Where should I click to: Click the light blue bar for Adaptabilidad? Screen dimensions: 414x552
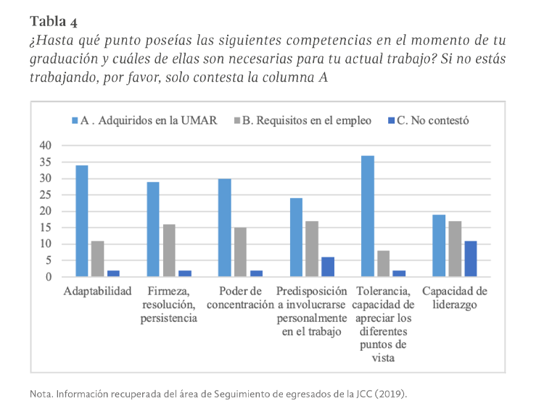coord(82,221)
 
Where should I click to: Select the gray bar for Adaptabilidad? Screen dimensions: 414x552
coord(97,259)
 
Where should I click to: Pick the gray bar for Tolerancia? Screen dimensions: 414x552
coord(383,264)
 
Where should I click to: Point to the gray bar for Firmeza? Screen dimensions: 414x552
coord(168,251)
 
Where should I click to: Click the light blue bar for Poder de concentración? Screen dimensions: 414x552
coord(225,228)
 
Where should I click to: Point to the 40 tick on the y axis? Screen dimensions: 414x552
coord(46,146)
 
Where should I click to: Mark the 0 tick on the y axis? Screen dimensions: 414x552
coord(49,277)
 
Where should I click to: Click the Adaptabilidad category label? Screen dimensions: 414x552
coord(96,291)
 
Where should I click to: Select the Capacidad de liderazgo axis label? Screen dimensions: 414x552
coord(454,298)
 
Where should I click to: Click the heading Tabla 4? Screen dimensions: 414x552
coord(53,19)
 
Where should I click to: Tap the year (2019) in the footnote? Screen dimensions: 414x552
coord(394,394)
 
